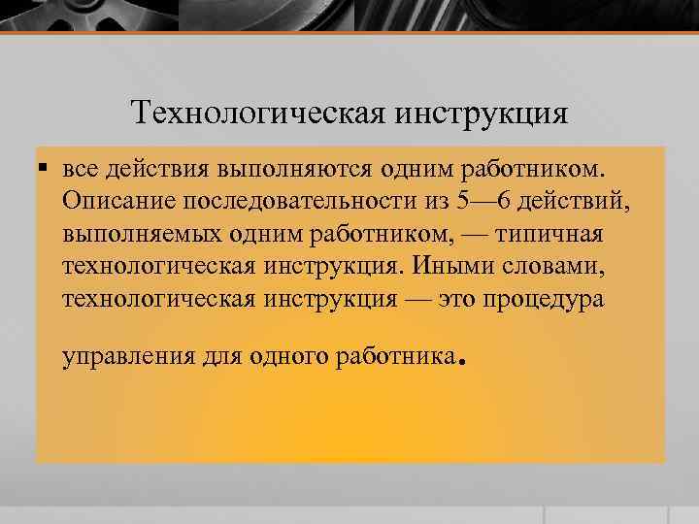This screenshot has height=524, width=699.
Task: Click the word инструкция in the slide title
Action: (x=482, y=113)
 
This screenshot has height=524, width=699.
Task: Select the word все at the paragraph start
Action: (x=82, y=169)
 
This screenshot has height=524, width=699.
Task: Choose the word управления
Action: (x=128, y=357)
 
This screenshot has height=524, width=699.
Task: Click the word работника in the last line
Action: (x=394, y=357)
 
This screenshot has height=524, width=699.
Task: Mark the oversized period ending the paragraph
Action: (x=463, y=365)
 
